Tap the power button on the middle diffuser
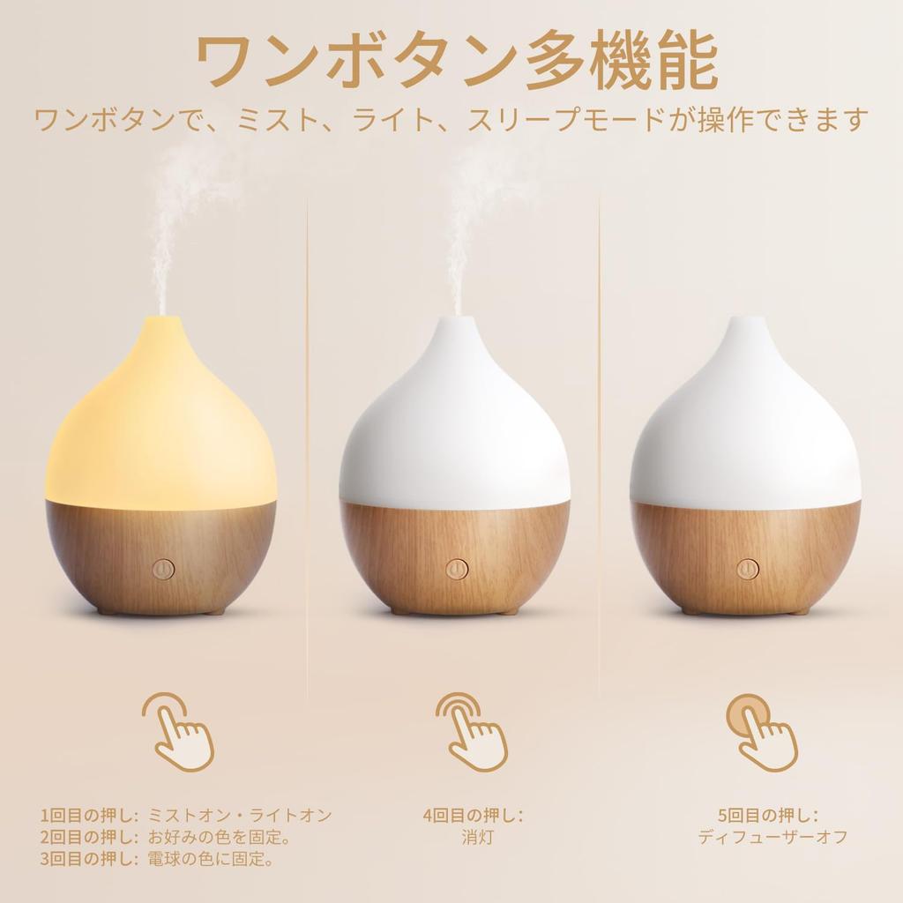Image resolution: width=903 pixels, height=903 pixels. click(456, 569)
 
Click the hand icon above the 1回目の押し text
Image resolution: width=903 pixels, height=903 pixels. click(179, 731)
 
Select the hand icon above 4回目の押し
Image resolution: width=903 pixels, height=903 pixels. click(473, 731)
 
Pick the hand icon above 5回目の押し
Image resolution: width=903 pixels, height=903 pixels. click(761, 731)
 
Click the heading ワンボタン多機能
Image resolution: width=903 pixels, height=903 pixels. click(455, 63)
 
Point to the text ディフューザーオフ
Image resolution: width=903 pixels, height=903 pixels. click(772, 837)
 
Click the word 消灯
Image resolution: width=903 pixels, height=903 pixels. click(473, 837)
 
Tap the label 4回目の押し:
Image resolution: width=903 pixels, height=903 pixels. click(473, 816)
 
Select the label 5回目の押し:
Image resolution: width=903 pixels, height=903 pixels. click(769, 816)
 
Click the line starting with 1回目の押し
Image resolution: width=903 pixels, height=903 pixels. click(186, 816)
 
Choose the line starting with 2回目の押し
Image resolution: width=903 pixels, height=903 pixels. click(165, 837)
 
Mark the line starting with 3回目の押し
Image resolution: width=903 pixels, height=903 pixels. click(156, 858)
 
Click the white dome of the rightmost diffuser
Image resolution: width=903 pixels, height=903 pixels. click(745, 432)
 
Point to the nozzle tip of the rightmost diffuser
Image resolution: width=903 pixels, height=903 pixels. click(745, 321)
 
